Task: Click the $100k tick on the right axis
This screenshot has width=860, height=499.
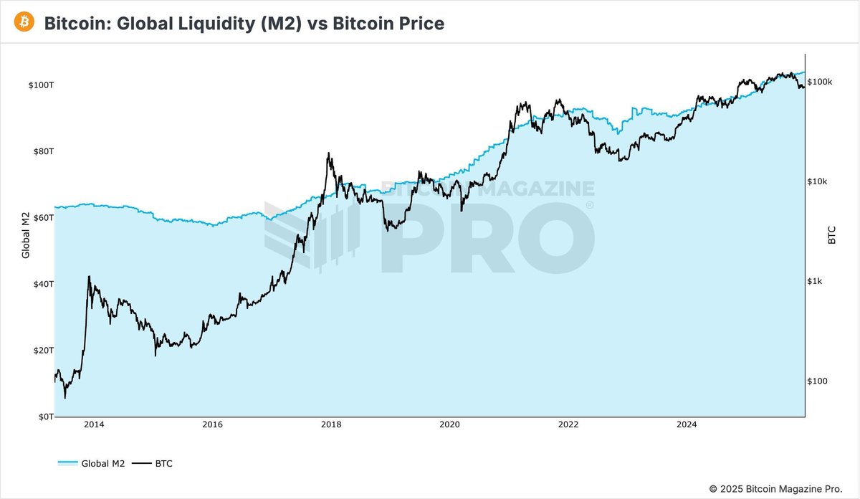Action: pos(820,82)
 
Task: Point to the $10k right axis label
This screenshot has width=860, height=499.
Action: pos(818,182)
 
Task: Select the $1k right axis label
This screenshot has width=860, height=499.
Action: pos(816,282)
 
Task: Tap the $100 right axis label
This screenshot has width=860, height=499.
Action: pos(818,381)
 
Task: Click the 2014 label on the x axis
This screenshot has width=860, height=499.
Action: pos(94,425)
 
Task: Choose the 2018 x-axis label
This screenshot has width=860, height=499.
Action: pos(331,425)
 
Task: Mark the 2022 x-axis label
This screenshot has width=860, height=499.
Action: pos(568,425)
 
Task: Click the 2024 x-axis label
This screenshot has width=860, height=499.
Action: pos(687,425)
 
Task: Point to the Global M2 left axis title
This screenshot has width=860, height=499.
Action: pos(26,234)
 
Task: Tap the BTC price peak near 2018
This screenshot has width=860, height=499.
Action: pos(328,153)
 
